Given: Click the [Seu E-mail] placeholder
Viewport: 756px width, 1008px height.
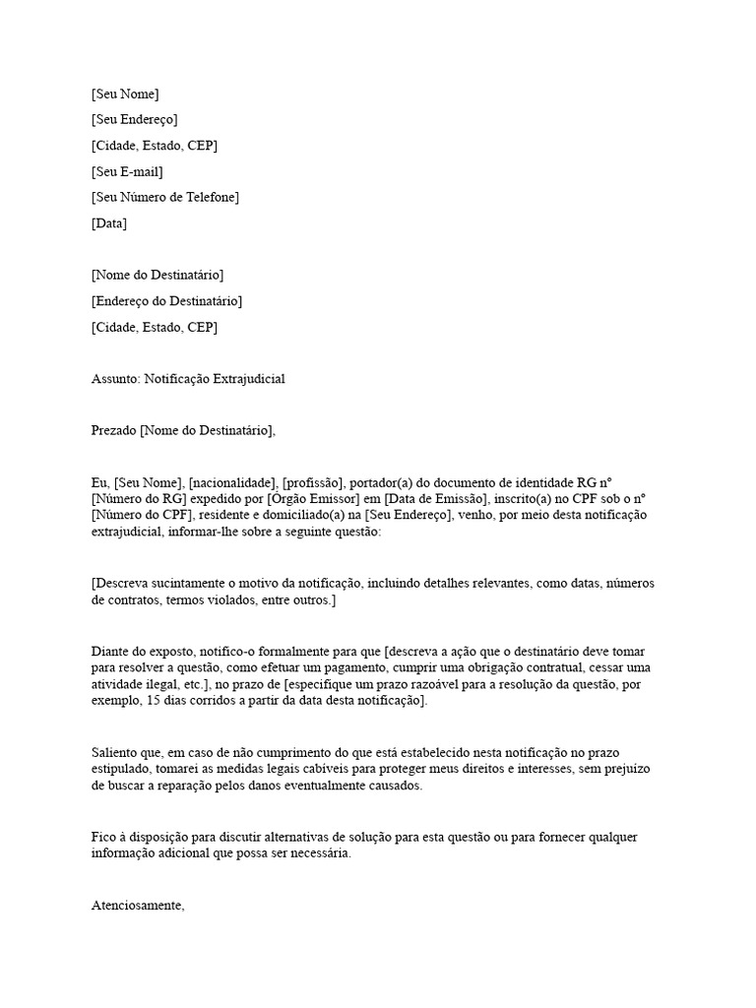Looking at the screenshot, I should pyautogui.click(x=127, y=171).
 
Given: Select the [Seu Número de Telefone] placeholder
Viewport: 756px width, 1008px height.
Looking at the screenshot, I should pyautogui.click(x=164, y=197).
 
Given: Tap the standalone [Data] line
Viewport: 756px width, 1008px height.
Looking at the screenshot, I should pyautogui.click(x=108, y=222).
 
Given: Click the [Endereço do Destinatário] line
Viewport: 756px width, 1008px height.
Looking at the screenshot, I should pyautogui.click(x=166, y=300).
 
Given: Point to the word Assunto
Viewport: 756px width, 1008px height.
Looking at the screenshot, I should pyautogui.click(x=114, y=378).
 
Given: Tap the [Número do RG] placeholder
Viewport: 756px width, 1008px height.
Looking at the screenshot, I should pyautogui.click(x=137, y=498).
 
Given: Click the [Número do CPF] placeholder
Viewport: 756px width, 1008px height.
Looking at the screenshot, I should pyautogui.click(x=139, y=515).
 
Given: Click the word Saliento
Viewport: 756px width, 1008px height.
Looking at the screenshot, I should pyautogui.click(x=116, y=752).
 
